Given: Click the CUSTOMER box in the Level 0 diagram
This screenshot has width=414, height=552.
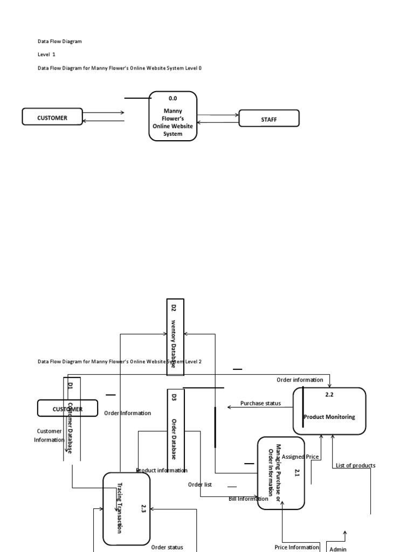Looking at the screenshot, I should (52, 117).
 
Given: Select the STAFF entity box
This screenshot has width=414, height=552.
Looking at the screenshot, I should (268, 119).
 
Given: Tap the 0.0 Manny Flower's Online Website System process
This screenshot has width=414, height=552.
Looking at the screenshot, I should (172, 116).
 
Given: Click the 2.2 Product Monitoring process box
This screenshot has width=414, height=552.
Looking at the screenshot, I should (329, 411).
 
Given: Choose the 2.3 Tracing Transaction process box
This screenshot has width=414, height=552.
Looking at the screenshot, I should (126, 508).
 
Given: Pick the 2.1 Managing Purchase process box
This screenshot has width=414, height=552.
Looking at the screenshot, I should (281, 473).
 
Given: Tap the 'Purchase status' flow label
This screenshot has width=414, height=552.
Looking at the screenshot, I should (260, 403).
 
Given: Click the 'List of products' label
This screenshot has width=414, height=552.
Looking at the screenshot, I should (355, 465).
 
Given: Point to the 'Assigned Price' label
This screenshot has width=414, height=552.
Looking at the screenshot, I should (300, 457).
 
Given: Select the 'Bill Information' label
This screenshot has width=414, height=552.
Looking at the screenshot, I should (248, 499).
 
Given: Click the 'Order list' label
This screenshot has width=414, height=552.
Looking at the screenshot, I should (199, 484).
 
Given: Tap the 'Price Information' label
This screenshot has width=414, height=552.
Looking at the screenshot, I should (296, 547).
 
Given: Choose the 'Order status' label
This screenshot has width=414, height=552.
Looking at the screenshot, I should (167, 547).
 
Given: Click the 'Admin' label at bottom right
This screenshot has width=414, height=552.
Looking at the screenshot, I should (337, 549).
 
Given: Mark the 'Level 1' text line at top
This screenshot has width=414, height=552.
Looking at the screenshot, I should (46, 54).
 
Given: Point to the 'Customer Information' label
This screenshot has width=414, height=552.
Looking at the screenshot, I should (49, 435).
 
